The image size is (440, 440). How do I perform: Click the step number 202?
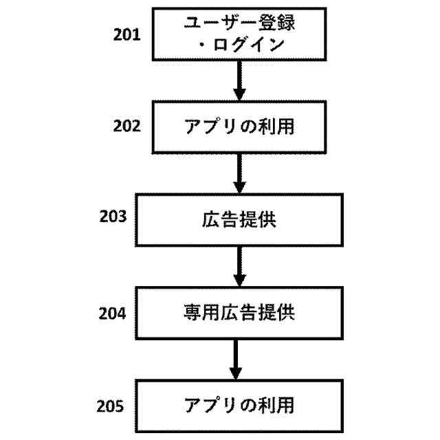click(127, 126)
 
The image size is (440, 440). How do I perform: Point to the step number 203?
click(113, 218)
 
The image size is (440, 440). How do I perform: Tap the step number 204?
click(113, 313)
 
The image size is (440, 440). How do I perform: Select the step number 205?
click(112, 405)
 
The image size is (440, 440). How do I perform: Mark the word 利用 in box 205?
click(278, 405)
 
